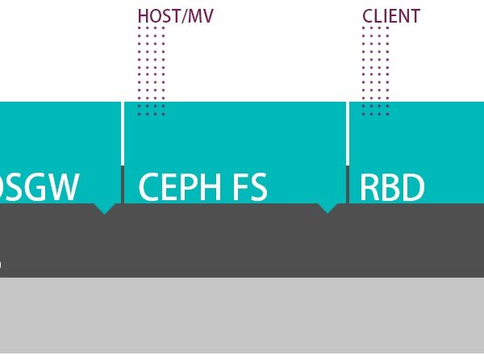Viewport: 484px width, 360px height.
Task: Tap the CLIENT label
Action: (391, 16)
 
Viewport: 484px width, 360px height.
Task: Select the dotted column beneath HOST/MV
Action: (151, 71)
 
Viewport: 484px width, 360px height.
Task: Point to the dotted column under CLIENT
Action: (375, 71)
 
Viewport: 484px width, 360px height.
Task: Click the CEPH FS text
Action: (202, 186)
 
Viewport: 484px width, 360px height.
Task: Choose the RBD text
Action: (392, 186)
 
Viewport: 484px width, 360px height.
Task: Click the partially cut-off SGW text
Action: (40, 186)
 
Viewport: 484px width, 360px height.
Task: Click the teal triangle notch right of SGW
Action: (104, 208)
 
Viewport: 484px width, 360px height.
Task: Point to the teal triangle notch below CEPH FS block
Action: (327, 207)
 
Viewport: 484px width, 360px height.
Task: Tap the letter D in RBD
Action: (413, 186)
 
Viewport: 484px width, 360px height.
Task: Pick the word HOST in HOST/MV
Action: (155, 16)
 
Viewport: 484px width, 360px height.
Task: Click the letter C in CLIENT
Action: (368, 16)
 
